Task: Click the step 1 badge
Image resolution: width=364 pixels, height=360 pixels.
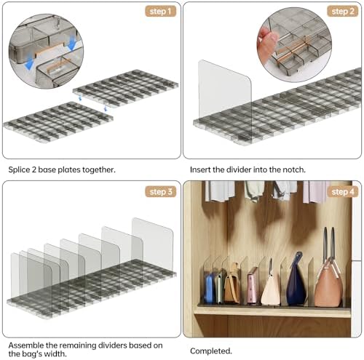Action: (x=160, y=12)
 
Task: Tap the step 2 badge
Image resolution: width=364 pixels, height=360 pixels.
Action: (x=343, y=12)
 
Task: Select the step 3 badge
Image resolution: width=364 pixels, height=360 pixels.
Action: (x=160, y=192)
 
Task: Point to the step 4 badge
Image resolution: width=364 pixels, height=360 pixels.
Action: (x=343, y=192)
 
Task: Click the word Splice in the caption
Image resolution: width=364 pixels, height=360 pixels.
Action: (x=19, y=169)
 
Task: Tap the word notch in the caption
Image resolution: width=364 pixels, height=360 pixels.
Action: (x=294, y=169)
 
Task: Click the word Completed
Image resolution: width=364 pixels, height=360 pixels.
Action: (x=211, y=351)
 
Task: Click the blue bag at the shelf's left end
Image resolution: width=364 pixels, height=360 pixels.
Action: (x=209, y=289)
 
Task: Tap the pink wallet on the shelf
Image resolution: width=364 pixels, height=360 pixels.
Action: (x=253, y=285)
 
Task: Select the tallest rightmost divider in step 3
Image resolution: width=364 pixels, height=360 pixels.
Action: (x=152, y=245)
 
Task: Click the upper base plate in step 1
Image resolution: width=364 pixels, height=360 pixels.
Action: (x=125, y=88)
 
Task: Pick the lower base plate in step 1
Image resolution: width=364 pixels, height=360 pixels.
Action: (x=58, y=121)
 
